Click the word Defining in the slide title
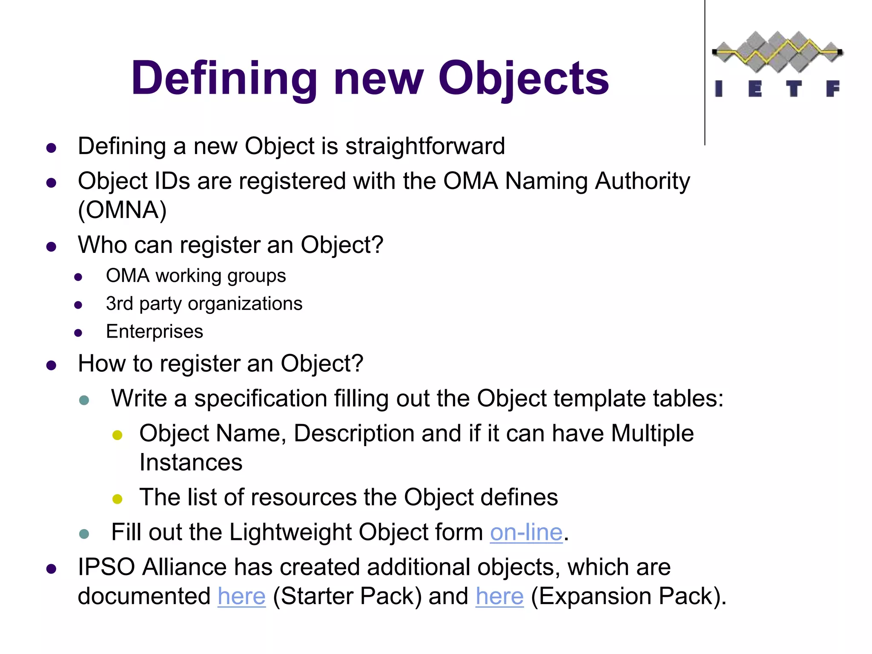pyautogui.click(x=224, y=79)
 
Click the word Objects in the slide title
pyautogui.click(x=523, y=79)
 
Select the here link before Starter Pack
pyautogui.click(x=241, y=596)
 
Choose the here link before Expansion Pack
pyautogui.click(x=499, y=596)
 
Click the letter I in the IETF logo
pyautogui.click(x=719, y=89)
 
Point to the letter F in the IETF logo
pyautogui.click(x=832, y=89)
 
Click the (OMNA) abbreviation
pyautogui.click(x=122, y=210)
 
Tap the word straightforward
pyautogui.click(x=425, y=146)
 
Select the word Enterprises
pyautogui.click(x=155, y=332)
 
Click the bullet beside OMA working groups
pyautogui.click(x=78, y=278)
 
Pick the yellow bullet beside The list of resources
pyautogui.click(x=118, y=499)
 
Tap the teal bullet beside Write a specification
pyautogui.click(x=84, y=400)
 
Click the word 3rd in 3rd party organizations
pyautogui.click(x=119, y=304)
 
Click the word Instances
pyautogui.click(x=191, y=462)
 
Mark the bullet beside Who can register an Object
pyautogui.click(x=52, y=247)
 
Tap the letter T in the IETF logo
pyautogui.click(x=794, y=89)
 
